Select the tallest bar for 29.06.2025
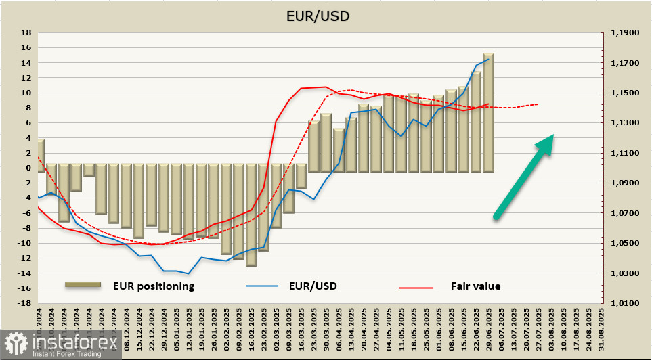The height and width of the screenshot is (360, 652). [x=488, y=112]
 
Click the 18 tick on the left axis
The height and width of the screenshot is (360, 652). [x=26, y=32]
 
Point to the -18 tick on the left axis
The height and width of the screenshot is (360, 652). [x=24, y=303]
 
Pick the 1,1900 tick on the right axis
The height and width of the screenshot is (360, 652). [x=625, y=32]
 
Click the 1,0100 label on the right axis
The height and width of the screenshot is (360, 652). [x=625, y=303]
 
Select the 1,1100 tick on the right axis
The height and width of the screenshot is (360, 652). [x=625, y=153]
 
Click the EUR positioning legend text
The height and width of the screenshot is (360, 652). [x=154, y=286]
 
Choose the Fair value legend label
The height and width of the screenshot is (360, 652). [x=476, y=286]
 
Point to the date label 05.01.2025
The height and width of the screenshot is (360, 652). [x=175, y=328]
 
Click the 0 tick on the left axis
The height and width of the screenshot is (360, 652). [x=28, y=168]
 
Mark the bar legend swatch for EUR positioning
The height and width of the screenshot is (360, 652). [x=83, y=286]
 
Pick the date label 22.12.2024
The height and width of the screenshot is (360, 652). [x=151, y=328]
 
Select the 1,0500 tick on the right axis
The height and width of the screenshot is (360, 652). [x=625, y=243]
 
